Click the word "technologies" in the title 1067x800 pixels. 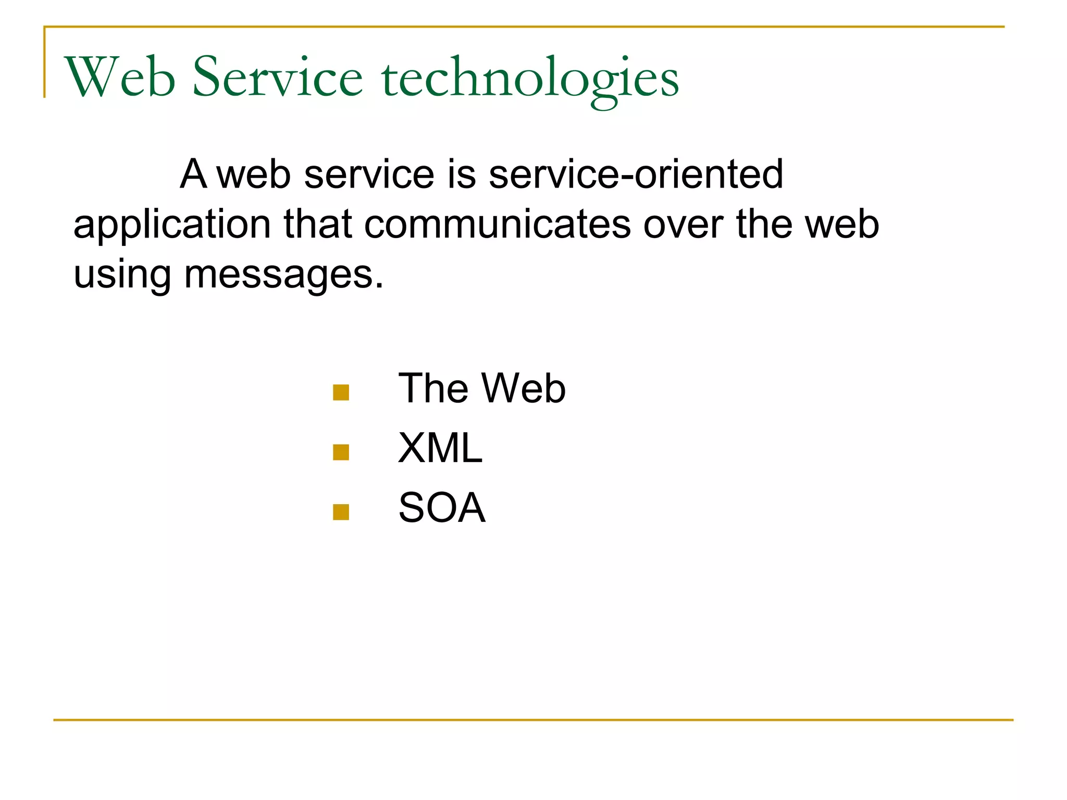[530, 78]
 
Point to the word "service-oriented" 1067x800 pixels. [636, 174]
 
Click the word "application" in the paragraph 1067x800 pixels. [172, 225]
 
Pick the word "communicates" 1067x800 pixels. [498, 224]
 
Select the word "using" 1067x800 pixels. [122, 275]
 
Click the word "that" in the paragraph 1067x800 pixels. [318, 224]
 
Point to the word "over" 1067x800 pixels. [683, 224]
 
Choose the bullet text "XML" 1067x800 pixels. [440, 448]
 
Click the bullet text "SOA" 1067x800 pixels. [442, 508]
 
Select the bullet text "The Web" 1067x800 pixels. [481, 389]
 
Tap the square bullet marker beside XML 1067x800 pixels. [341, 452]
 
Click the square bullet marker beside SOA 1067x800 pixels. [341, 512]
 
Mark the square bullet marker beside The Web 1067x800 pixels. [341, 392]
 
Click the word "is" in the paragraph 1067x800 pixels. [462, 174]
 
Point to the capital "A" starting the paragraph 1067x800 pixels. [194, 174]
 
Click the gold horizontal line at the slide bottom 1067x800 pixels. [533, 720]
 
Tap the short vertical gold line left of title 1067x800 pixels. [45, 63]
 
